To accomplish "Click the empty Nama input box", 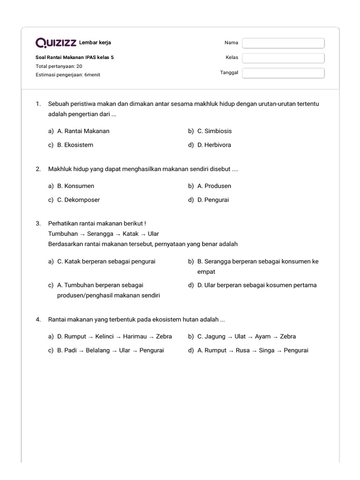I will coord(283,43).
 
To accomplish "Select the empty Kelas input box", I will coord(283,58).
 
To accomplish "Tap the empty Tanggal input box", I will coord(283,73).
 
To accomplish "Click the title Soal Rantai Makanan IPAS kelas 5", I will coord(75,58).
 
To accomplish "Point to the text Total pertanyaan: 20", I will coord(59,66).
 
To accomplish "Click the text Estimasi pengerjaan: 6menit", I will coord(67,75).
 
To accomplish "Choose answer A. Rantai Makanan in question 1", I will coord(83,131).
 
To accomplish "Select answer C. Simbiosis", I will coord(214,131).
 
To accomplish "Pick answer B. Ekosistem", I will coord(75,145).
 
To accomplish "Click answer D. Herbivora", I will coord(214,145).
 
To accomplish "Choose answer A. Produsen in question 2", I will coord(214,186).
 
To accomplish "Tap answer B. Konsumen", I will coord(75,186).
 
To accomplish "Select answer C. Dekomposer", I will coord(78,200).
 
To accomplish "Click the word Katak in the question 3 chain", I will coord(130,233).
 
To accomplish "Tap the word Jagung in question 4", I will coord(215,337).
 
